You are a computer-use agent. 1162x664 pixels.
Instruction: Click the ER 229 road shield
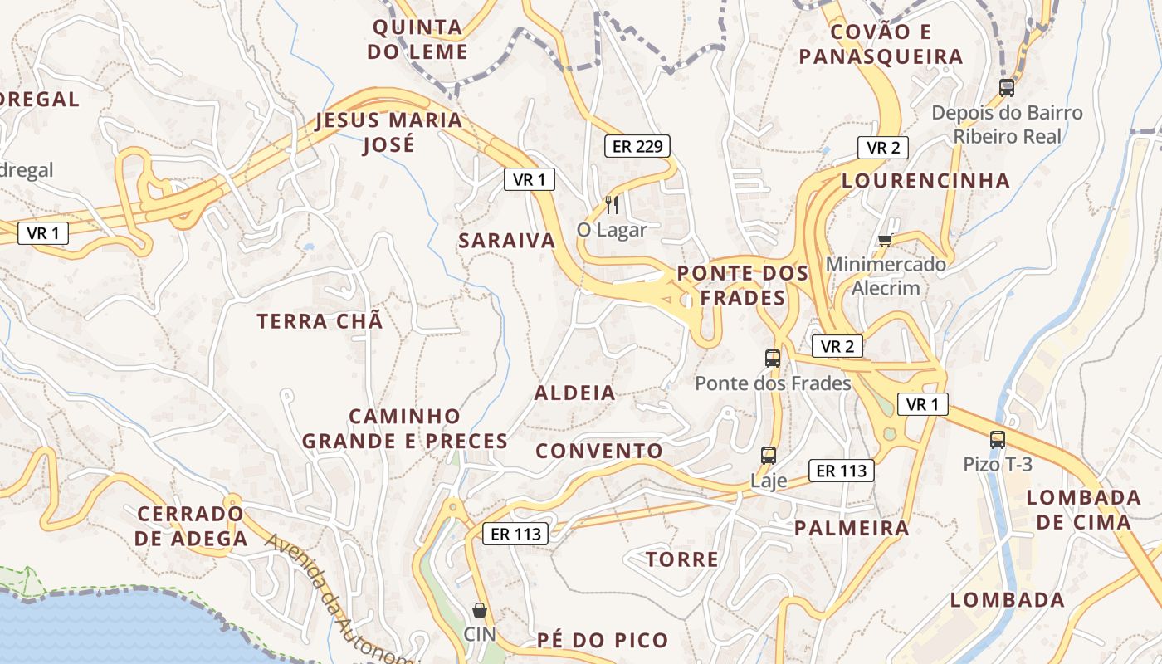[x=637, y=147]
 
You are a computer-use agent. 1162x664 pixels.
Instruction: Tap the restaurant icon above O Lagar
[x=612, y=204]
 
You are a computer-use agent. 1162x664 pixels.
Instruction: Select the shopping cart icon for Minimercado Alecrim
[x=885, y=240]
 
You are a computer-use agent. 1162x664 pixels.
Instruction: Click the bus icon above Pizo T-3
[x=997, y=440]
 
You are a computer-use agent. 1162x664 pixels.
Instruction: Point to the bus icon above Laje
[x=769, y=456]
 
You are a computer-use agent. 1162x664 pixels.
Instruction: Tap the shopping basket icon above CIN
[x=479, y=611]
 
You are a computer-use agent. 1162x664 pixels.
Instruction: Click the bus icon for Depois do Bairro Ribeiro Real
[x=1006, y=87]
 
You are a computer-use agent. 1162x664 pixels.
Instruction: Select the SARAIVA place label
[x=507, y=241]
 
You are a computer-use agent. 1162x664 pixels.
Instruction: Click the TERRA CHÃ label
[x=320, y=321]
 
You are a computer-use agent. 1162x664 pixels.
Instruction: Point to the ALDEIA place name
[x=575, y=393]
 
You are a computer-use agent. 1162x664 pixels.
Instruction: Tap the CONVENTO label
[x=599, y=451]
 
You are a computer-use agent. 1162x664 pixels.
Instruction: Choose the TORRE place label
[x=682, y=559]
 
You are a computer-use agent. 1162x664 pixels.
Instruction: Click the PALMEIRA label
[x=852, y=528]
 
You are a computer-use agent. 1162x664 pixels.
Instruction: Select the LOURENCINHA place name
[x=925, y=181]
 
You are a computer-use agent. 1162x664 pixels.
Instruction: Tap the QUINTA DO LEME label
[x=418, y=39]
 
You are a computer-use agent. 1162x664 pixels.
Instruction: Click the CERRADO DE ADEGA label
[x=192, y=526]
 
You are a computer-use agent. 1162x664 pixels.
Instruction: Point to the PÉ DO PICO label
[x=603, y=640]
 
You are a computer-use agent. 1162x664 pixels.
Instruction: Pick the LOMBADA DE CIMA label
[x=1083, y=510]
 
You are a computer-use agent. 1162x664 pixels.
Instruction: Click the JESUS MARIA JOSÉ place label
[x=389, y=132]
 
